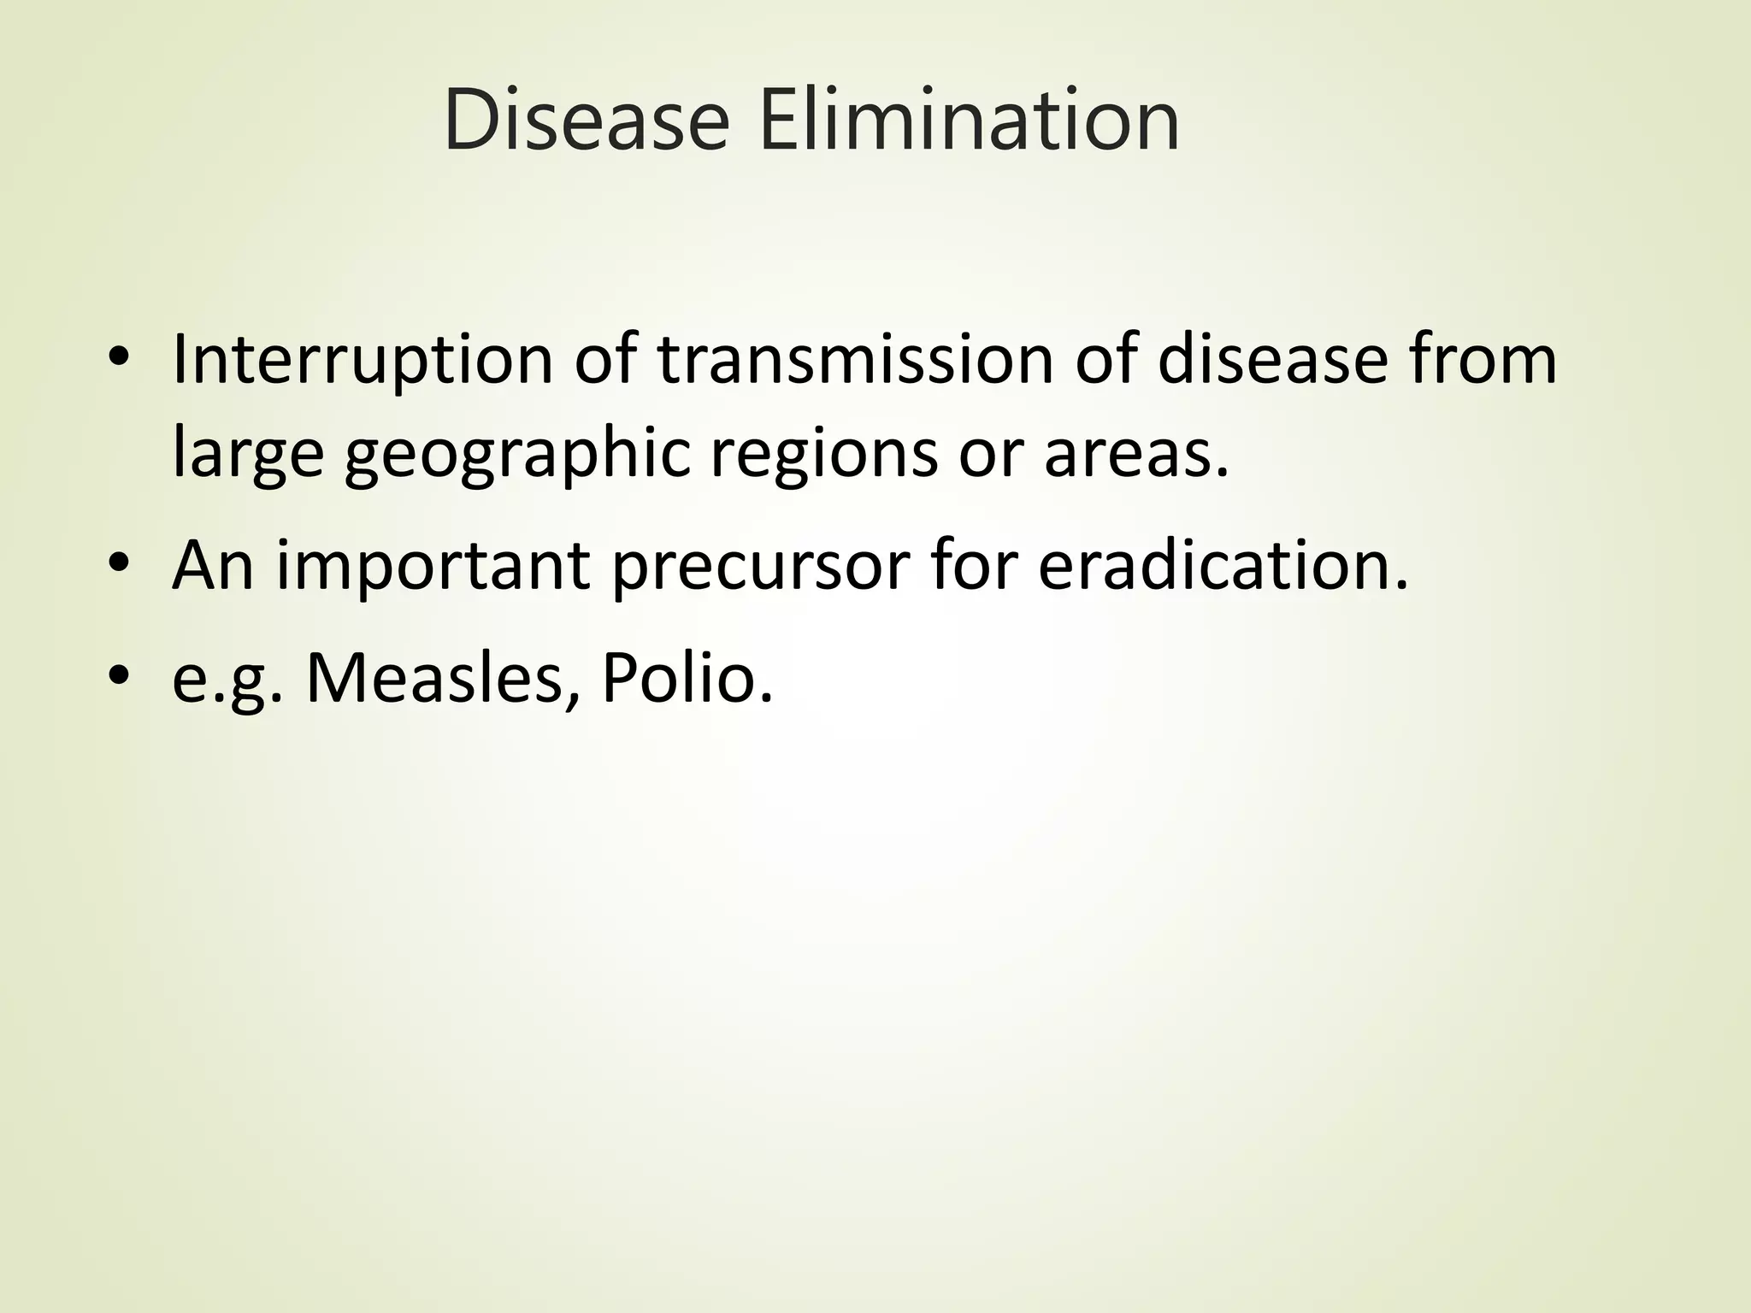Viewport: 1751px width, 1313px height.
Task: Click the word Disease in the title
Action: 587,121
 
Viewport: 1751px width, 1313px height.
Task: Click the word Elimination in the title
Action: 969,121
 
